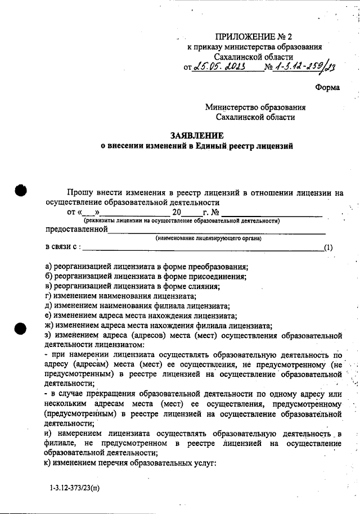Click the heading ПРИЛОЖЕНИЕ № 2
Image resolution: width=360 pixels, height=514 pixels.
254,37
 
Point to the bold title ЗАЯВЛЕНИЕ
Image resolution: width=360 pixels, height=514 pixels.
197,136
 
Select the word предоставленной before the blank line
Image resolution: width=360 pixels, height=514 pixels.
76,229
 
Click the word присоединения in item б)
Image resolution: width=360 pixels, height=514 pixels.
217,276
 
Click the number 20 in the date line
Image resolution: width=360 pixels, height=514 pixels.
177,213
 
